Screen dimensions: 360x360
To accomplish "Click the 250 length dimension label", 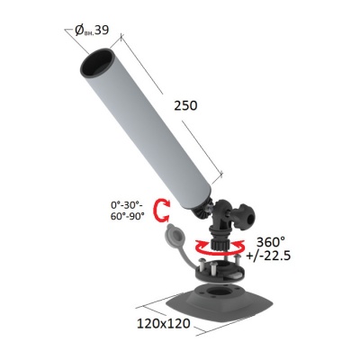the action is point(185,106).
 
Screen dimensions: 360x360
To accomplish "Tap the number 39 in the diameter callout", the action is point(101,30).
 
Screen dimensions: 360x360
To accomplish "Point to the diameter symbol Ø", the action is point(79,31).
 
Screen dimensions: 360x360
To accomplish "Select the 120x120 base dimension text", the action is point(164,323).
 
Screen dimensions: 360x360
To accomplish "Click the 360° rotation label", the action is point(271,242).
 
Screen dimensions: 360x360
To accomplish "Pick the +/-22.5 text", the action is point(268,256).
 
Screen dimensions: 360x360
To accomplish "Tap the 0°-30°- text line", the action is point(127,205).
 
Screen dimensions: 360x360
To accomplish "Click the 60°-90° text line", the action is point(128,216).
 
